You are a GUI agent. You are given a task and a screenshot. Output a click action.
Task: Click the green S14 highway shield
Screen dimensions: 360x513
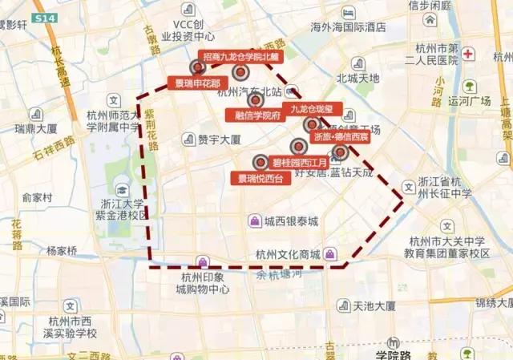pos(46,18)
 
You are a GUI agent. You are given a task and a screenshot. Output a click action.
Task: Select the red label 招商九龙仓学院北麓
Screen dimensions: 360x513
pos(240,57)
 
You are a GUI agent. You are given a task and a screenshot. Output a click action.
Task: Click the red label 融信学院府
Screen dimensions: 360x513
pos(257,115)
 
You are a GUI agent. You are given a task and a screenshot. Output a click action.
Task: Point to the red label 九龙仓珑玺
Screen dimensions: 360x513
pos(316,108)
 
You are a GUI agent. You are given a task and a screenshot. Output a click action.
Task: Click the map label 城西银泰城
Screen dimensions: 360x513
pos(293,221)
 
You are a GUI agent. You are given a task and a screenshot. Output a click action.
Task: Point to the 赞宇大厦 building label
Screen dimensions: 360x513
pos(220,140)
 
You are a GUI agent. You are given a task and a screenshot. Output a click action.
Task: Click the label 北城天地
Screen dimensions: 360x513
pos(357,79)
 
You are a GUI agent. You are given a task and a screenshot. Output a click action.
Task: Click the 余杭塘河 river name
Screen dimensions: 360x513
pos(277,275)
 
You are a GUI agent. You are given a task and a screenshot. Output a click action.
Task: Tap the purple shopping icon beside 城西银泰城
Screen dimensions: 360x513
pos(254,221)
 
